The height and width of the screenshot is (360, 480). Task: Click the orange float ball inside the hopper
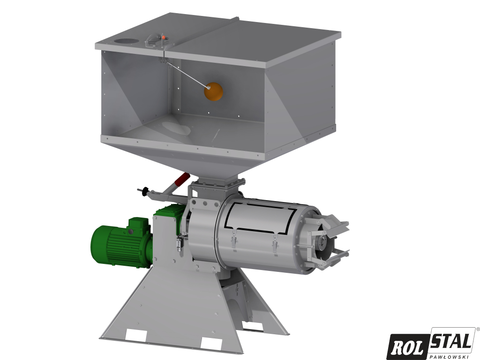coord(214,90)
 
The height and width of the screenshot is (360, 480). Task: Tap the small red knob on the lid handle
coord(162,37)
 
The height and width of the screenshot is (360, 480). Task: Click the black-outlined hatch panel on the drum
coord(260,218)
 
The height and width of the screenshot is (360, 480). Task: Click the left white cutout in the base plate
coord(137,335)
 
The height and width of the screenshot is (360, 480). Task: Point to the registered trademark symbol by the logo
coord(477,330)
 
